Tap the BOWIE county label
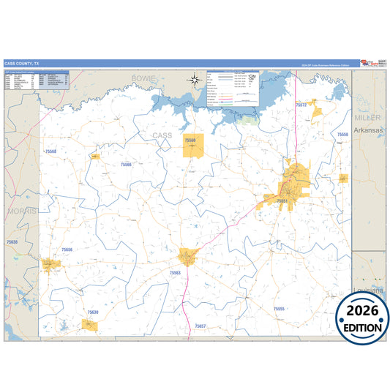pyautogui.click(x=144, y=77)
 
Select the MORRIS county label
pyautogui.click(x=21, y=210)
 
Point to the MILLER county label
pyautogui.click(x=367, y=117)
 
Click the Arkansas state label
pyautogui.click(x=369, y=130)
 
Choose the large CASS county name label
pyautogui.click(x=162, y=135)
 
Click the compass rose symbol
pyautogui.click(x=195, y=80)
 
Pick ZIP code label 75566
pyautogui.click(x=127, y=165)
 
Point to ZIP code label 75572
pyautogui.click(x=301, y=105)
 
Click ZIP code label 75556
pyautogui.click(x=342, y=135)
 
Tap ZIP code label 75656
pyautogui.click(x=67, y=250)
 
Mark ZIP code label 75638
pyautogui.click(x=12, y=241)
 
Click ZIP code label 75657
pyautogui.click(x=200, y=326)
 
